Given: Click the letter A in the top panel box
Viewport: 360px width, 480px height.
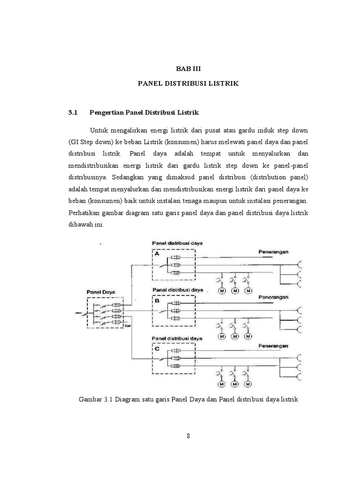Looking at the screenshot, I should tap(157, 254).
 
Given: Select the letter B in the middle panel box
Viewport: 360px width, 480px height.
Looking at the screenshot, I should tap(157, 303).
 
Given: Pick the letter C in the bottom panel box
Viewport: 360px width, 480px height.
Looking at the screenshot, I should tap(157, 349).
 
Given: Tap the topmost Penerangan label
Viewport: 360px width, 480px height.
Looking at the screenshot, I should tap(274, 252).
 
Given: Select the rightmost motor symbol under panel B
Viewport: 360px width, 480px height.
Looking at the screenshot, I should tap(248, 337).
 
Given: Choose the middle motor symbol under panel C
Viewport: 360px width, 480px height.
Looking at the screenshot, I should tap(234, 384).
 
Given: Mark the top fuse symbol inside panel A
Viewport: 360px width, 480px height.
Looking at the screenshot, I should tap(177, 258).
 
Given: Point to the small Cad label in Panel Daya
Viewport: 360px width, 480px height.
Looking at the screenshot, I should tap(127, 326).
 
